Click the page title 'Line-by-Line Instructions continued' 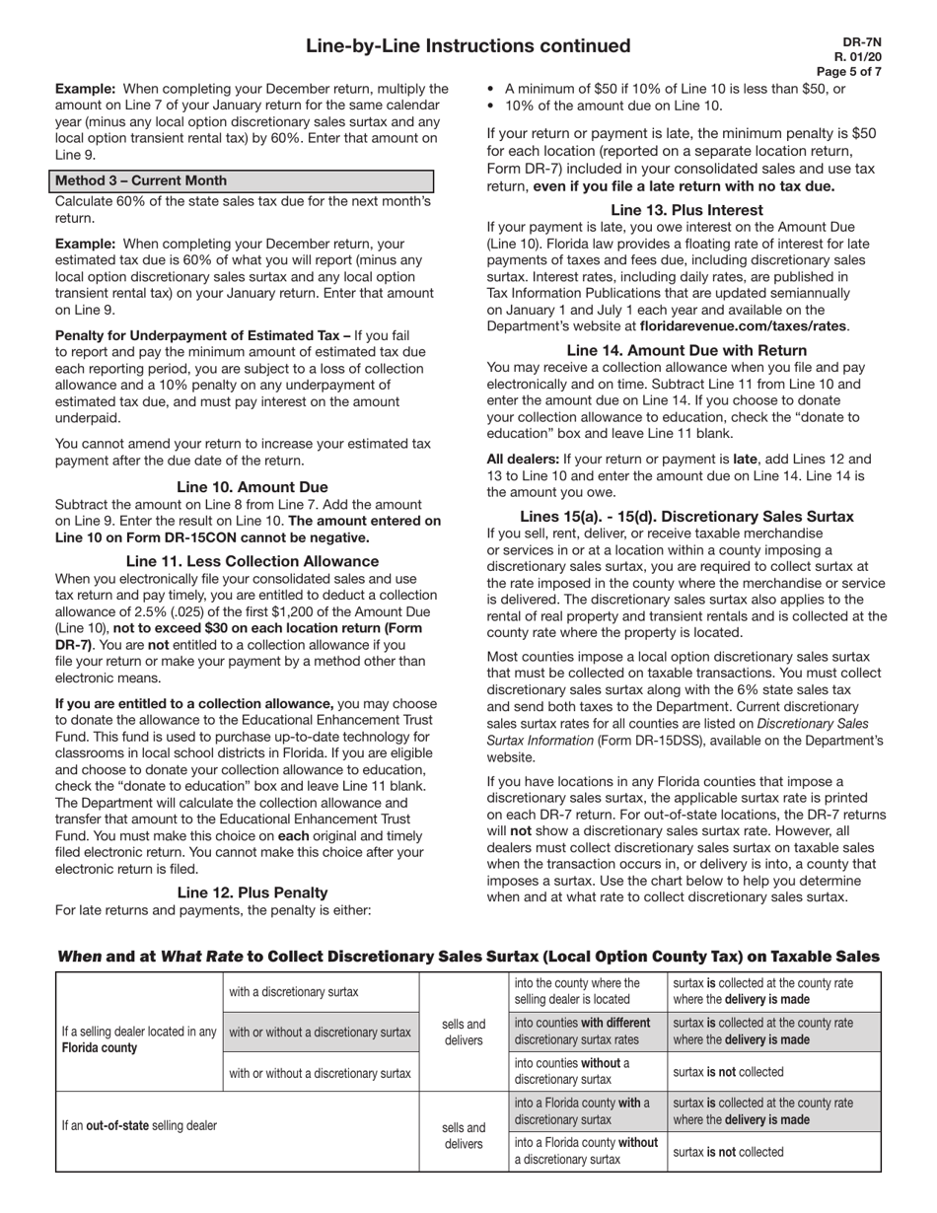[x=468, y=46]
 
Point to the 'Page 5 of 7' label [x=848, y=72]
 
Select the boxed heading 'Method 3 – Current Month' [x=141, y=180]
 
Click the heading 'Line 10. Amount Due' [x=252, y=487]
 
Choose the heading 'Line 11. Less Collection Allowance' [x=252, y=561]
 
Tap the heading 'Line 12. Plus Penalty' [x=252, y=892]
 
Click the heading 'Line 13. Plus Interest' [x=686, y=210]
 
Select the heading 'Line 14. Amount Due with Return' [x=686, y=351]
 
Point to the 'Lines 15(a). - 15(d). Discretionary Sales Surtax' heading [x=686, y=517]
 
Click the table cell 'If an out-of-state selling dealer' [x=139, y=1125]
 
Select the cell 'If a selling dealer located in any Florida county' [x=139, y=1039]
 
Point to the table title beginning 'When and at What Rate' [x=468, y=957]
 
